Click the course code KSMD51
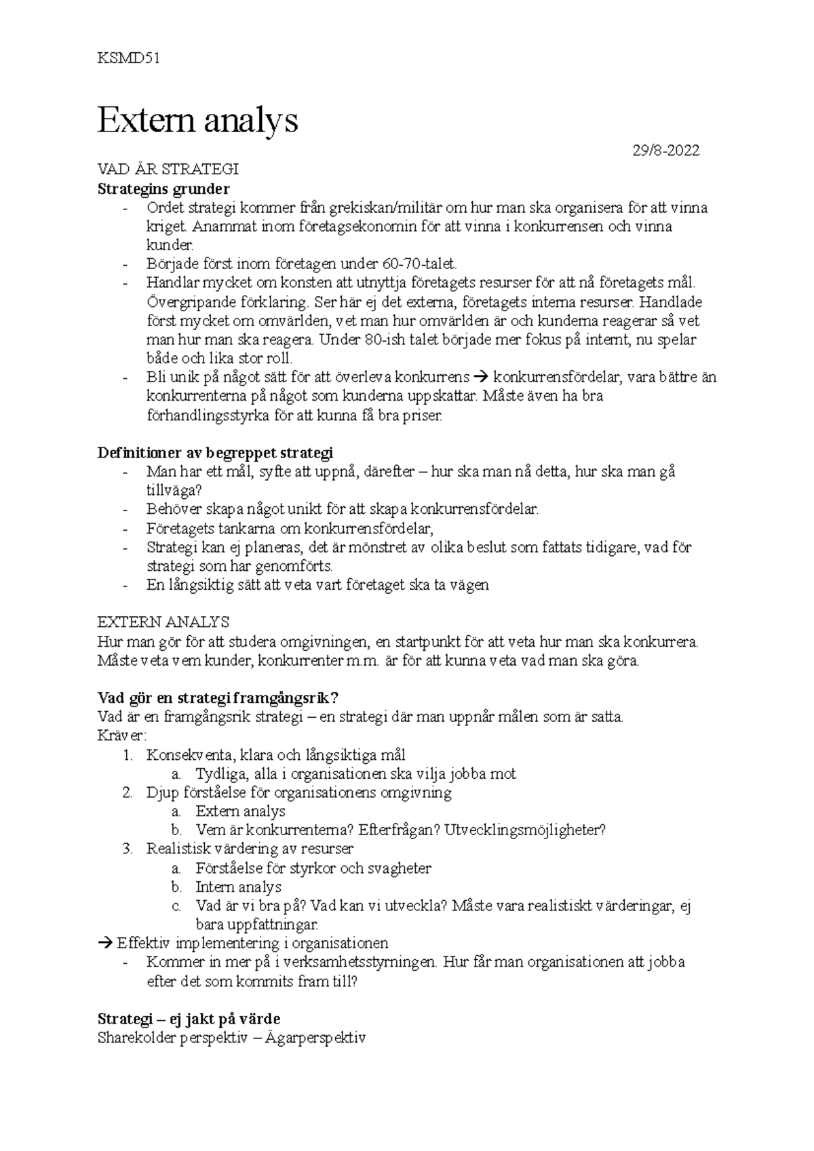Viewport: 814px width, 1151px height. (x=128, y=58)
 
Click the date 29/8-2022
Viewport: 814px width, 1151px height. (x=665, y=150)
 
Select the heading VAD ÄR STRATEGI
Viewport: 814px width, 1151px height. (x=168, y=169)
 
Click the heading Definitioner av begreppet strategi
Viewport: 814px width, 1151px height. (x=216, y=452)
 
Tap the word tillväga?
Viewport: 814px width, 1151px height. (x=174, y=490)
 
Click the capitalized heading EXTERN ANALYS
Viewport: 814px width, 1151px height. (x=163, y=622)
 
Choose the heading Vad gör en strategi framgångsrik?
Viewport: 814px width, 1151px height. (x=218, y=698)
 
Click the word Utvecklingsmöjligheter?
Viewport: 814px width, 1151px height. (x=524, y=830)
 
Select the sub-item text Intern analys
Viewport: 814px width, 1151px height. (x=238, y=887)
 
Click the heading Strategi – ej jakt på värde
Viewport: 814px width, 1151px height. (x=189, y=1019)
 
